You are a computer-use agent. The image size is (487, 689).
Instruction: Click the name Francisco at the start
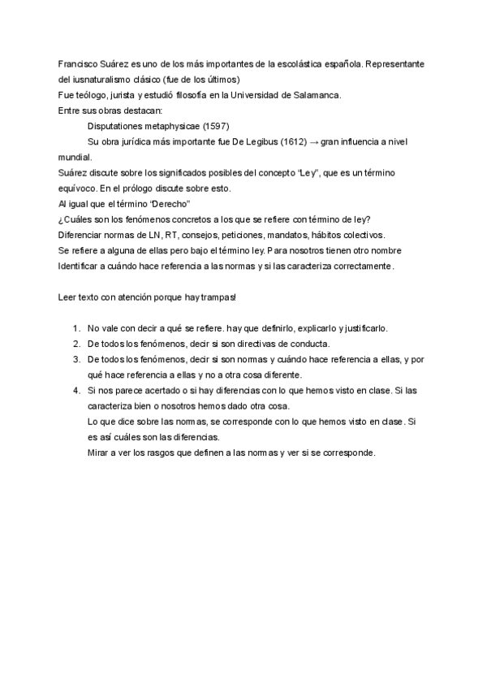(80, 63)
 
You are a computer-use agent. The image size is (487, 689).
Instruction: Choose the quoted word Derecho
(169, 202)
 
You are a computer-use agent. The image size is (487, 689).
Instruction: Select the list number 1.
(75, 328)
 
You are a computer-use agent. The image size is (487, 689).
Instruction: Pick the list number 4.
(75, 390)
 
